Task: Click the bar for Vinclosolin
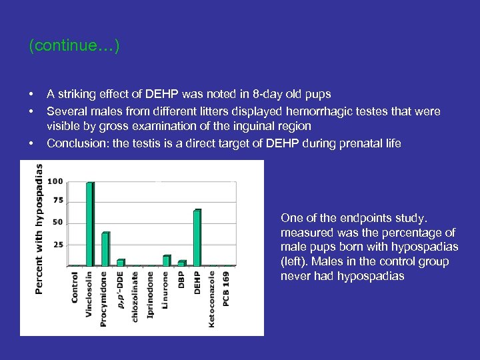pos(90,223)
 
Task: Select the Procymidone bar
pos(105,249)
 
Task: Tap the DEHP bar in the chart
pos(197,238)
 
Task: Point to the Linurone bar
pos(167,261)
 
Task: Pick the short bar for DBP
pos(181,263)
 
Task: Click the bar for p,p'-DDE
pos(121,262)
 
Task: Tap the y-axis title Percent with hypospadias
pos(39,230)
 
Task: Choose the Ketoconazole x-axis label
pos(212,298)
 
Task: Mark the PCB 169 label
pos(227,289)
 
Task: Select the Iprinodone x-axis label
pos(151,294)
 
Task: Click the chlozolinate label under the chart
pos(135,296)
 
